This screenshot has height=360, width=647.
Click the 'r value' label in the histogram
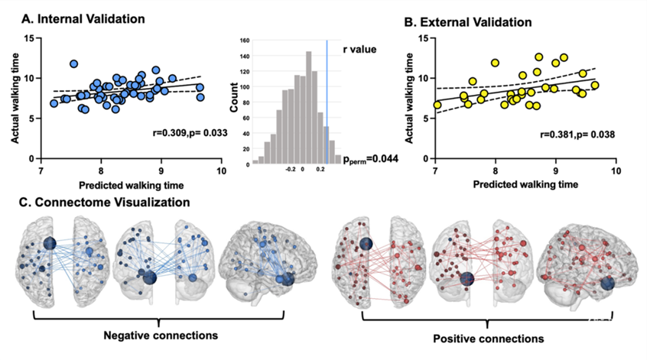(353, 55)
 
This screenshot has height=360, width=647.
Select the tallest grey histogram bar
(308, 108)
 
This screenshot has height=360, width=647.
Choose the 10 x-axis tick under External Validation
(616, 173)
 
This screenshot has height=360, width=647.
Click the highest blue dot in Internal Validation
(74, 64)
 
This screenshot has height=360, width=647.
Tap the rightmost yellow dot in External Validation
(594, 86)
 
